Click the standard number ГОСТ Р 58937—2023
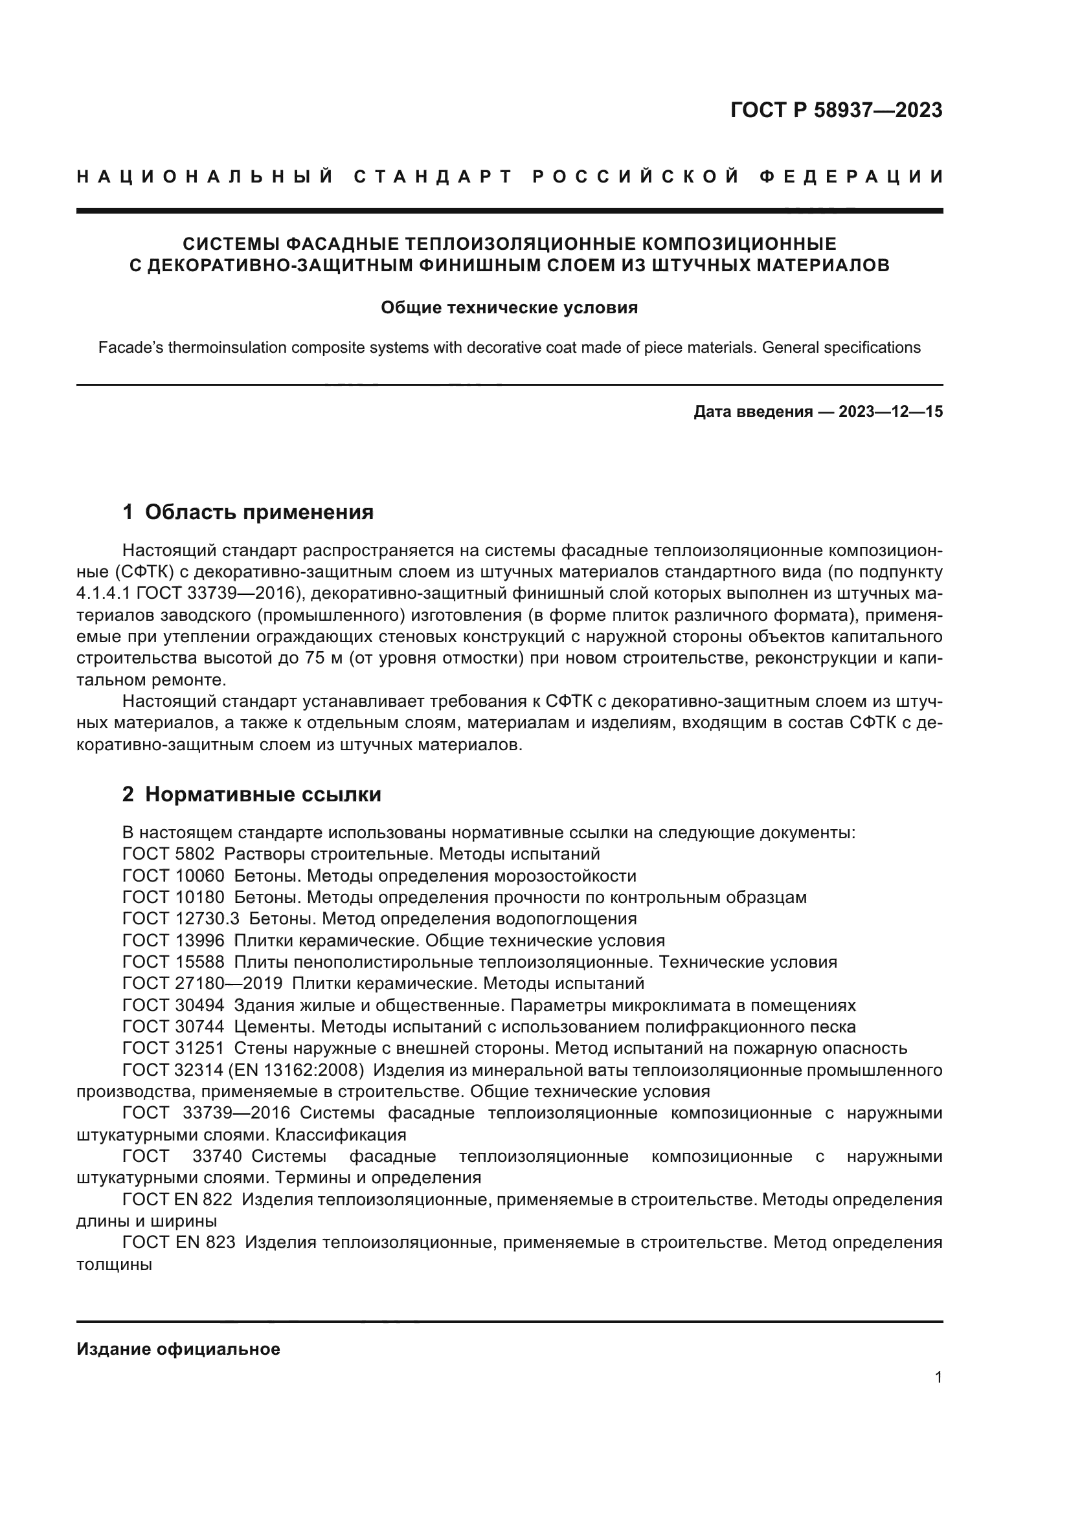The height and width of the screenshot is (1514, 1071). [836, 110]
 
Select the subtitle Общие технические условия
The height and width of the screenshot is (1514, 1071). [509, 308]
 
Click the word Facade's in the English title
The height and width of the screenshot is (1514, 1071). [131, 348]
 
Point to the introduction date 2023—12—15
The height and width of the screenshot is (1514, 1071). [890, 412]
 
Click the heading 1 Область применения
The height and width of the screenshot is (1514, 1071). [248, 512]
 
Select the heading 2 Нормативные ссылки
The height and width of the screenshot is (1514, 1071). [251, 795]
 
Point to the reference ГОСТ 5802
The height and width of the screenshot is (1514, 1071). [168, 854]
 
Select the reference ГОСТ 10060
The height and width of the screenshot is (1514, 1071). [173, 876]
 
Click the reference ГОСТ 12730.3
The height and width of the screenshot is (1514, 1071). [181, 918]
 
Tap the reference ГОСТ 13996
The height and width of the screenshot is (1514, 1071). [173, 941]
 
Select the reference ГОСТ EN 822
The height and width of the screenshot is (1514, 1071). [177, 1199]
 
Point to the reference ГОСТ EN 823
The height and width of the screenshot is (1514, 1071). [179, 1242]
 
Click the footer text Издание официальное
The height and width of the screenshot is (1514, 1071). [178, 1349]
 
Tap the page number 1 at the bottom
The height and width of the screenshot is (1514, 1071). [938, 1377]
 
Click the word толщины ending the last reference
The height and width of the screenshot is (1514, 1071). [114, 1264]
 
